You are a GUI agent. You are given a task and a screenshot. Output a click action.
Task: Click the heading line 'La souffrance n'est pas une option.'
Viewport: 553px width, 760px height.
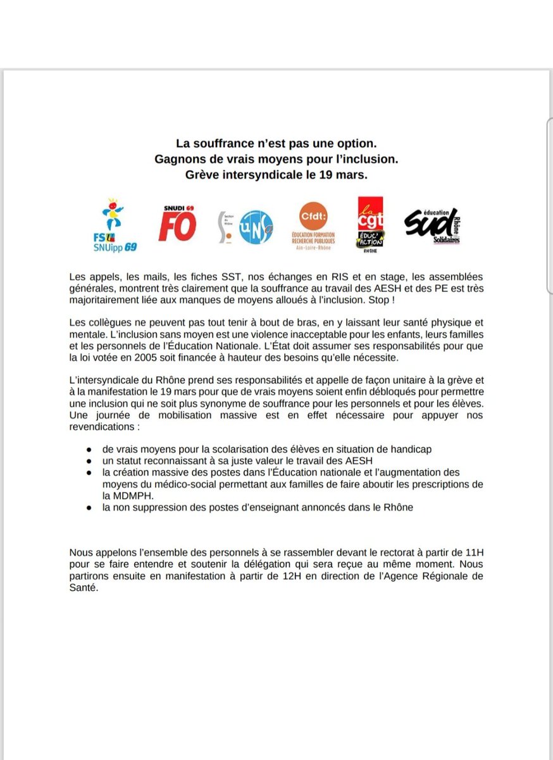[276, 145]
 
